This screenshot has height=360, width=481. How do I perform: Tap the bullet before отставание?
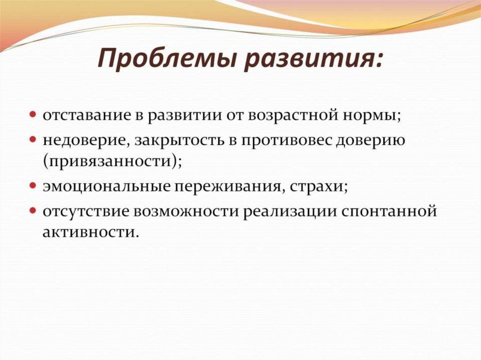tap(35, 115)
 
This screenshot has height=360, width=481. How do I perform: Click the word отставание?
tap(88, 115)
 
